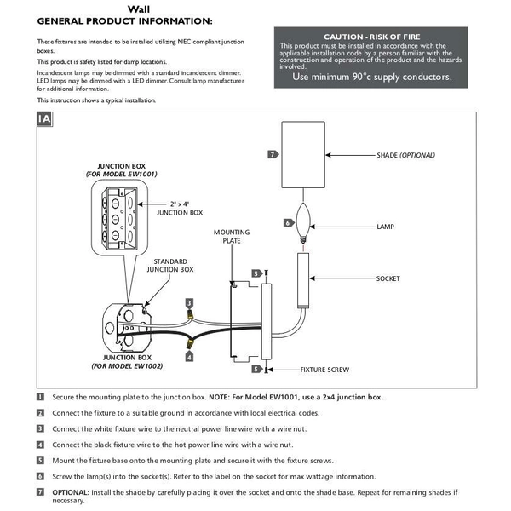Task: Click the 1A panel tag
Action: click(44, 119)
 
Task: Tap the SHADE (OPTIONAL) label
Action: click(405, 155)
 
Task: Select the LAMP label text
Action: click(385, 227)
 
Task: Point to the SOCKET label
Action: click(388, 278)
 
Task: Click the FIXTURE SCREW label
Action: click(324, 370)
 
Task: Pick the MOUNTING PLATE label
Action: click(232, 236)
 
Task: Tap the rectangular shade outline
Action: click(303, 155)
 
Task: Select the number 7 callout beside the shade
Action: click(273, 154)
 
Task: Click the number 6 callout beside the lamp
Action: click(289, 223)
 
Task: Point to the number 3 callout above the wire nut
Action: click(189, 303)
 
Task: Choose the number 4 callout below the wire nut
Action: click(189, 357)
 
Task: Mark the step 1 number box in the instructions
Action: click(40, 397)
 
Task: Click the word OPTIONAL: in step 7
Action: click(71, 492)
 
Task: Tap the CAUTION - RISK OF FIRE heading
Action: click(372, 37)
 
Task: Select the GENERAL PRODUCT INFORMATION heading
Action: click(125, 21)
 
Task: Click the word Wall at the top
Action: click(139, 9)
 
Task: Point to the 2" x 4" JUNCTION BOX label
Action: click(180, 209)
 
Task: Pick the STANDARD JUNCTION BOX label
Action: click(170, 265)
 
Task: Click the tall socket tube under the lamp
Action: click(303, 280)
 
